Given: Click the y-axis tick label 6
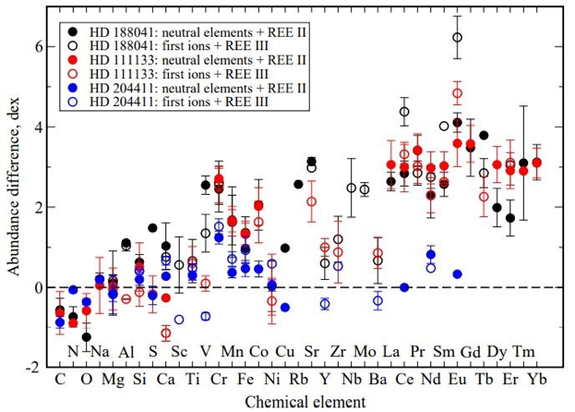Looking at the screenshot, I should (x=37, y=46).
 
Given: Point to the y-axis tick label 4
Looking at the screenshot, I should (x=37, y=127).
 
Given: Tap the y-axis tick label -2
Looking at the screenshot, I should (x=34, y=368).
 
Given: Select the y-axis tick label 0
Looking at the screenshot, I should (x=37, y=287).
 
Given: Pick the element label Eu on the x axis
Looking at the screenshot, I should (x=457, y=379).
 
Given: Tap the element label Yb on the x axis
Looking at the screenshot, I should (x=536, y=379).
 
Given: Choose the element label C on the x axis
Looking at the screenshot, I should (x=60, y=379).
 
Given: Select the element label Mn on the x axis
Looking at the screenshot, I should (x=233, y=353).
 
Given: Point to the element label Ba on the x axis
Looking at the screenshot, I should (x=377, y=379).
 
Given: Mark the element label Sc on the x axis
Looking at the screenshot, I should (x=179, y=353).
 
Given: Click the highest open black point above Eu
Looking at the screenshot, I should (x=457, y=37).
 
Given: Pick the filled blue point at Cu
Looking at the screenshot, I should (x=285, y=307).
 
